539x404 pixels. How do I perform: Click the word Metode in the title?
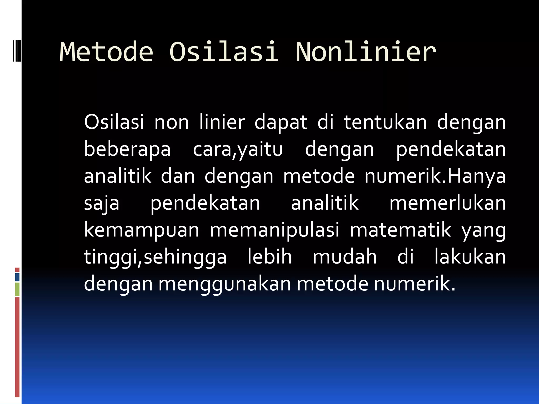coord(106,52)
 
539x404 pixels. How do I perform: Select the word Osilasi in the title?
coord(223,52)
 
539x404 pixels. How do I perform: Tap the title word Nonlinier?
coord(366,52)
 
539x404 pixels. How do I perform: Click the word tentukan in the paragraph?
coord(385,123)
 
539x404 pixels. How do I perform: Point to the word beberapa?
coord(127,149)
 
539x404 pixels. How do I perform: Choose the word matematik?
coord(401,230)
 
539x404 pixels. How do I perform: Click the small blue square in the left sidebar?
coord(17,277)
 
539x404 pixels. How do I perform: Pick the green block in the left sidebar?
coord(17,289)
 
